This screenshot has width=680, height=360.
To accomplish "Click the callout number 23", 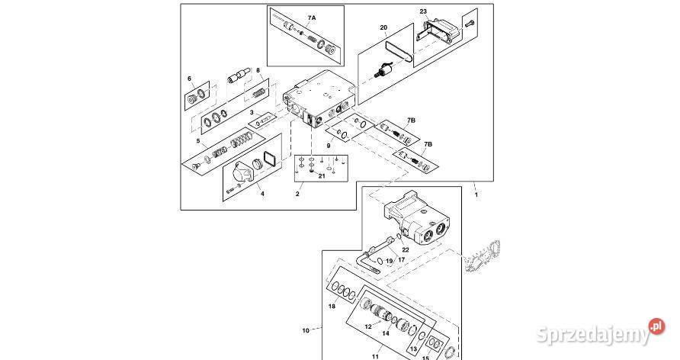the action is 423,11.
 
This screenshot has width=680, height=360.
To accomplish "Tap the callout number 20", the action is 383,27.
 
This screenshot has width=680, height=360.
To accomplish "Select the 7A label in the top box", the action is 312,18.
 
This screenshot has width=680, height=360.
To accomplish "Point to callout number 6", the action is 189,79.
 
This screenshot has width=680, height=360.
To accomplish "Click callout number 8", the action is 258,70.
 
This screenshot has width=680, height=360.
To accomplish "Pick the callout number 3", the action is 252,113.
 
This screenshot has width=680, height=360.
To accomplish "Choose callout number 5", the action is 198,141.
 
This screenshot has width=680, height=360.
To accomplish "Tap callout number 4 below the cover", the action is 262,194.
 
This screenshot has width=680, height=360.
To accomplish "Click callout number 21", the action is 322,175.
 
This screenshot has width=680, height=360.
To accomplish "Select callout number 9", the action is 329,146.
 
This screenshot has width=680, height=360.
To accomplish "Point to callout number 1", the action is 476,194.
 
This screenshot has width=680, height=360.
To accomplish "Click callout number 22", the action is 406,250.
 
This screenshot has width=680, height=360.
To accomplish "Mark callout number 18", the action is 332,306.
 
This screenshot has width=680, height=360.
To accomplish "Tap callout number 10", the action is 306,330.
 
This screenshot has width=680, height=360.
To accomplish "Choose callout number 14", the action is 386,333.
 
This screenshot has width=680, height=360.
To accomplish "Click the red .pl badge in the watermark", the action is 656,326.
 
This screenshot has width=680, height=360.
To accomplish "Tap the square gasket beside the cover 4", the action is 271,159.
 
